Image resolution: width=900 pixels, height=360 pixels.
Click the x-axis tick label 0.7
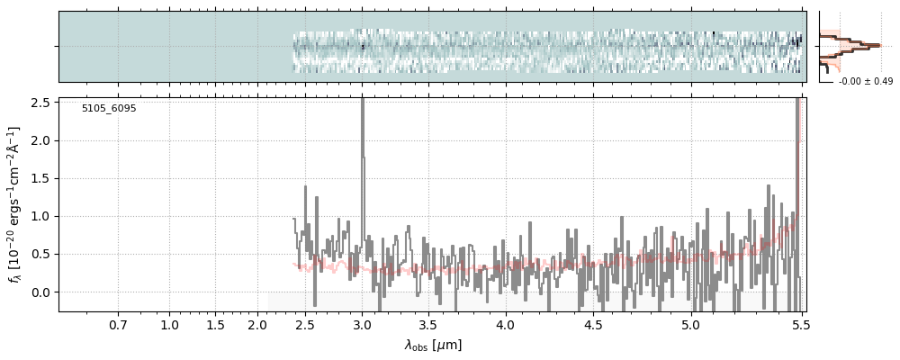point(118,325)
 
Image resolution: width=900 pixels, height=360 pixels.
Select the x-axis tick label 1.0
point(170,325)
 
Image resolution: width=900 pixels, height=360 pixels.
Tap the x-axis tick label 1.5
point(214,325)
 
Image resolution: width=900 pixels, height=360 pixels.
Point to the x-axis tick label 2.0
point(257,325)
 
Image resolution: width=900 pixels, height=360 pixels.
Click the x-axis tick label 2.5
point(304,325)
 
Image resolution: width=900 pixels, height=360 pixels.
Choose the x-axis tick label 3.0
point(362,325)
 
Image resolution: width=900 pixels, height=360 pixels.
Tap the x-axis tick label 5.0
point(690,325)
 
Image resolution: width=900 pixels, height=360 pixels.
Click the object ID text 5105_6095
point(109,108)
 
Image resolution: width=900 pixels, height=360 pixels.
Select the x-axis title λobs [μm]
point(433,345)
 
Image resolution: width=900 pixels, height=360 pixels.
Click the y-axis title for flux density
point(15,205)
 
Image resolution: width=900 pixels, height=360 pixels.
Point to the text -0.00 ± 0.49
point(865,82)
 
